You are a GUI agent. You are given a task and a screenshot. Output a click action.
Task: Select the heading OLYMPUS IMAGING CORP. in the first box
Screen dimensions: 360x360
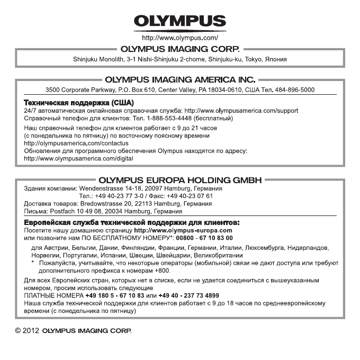click(179, 49)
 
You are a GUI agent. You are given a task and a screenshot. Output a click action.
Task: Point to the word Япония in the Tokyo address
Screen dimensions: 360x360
click(277, 59)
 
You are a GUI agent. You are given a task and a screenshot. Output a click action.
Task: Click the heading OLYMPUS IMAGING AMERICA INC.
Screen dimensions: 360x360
click(180, 80)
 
